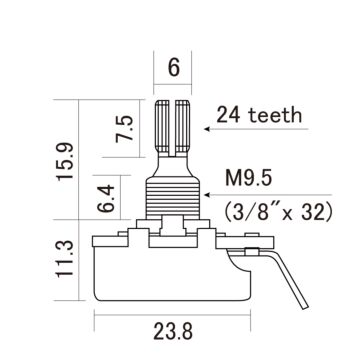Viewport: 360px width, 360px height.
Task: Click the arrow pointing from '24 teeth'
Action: tap(221, 127)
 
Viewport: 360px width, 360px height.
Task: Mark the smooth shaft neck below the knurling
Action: tap(174, 160)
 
